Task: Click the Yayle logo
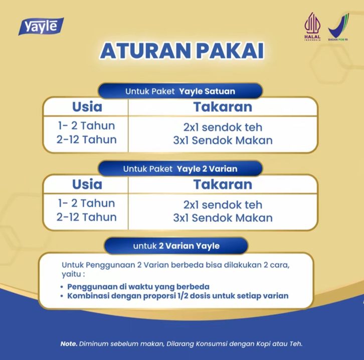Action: pyautogui.click(x=41, y=26)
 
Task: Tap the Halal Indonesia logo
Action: pyautogui.click(x=312, y=27)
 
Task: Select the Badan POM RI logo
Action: pyautogui.click(x=338, y=27)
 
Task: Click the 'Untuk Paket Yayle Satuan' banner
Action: pyautogui.click(x=180, y=91)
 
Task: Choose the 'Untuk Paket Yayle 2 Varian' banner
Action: pyautogui.click(x=180, y=169)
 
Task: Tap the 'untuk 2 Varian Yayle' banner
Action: pyautogui.click(x=176, y=246)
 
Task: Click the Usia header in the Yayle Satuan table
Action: pyautogui.click(x=87, y=107)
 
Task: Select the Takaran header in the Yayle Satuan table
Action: pyautogui.click(x=223, y=107)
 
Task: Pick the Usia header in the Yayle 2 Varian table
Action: pyautogui.click(x=87, y=184)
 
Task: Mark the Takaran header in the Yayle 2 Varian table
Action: pyautogui.click(x=223, y=184)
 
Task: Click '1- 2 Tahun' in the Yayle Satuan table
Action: pyautogui.click(x=86, y=126)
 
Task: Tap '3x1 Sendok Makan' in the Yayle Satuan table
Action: pyautogui.click(x=223, y=140)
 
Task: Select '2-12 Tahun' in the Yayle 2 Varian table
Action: pyautogui.click(x=86, y=217)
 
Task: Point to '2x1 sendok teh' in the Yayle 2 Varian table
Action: pyautogui.click(x=223, y=205)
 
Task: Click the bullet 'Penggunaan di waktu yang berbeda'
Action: pyautogui.click(x=138, y=287)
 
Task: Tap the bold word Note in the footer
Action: pyautogui.click(x=69, y=343)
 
